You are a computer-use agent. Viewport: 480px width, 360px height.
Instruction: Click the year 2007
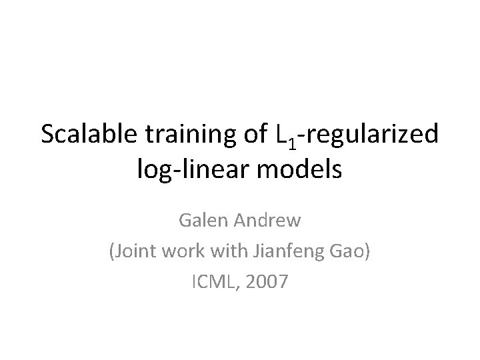(267, 283)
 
